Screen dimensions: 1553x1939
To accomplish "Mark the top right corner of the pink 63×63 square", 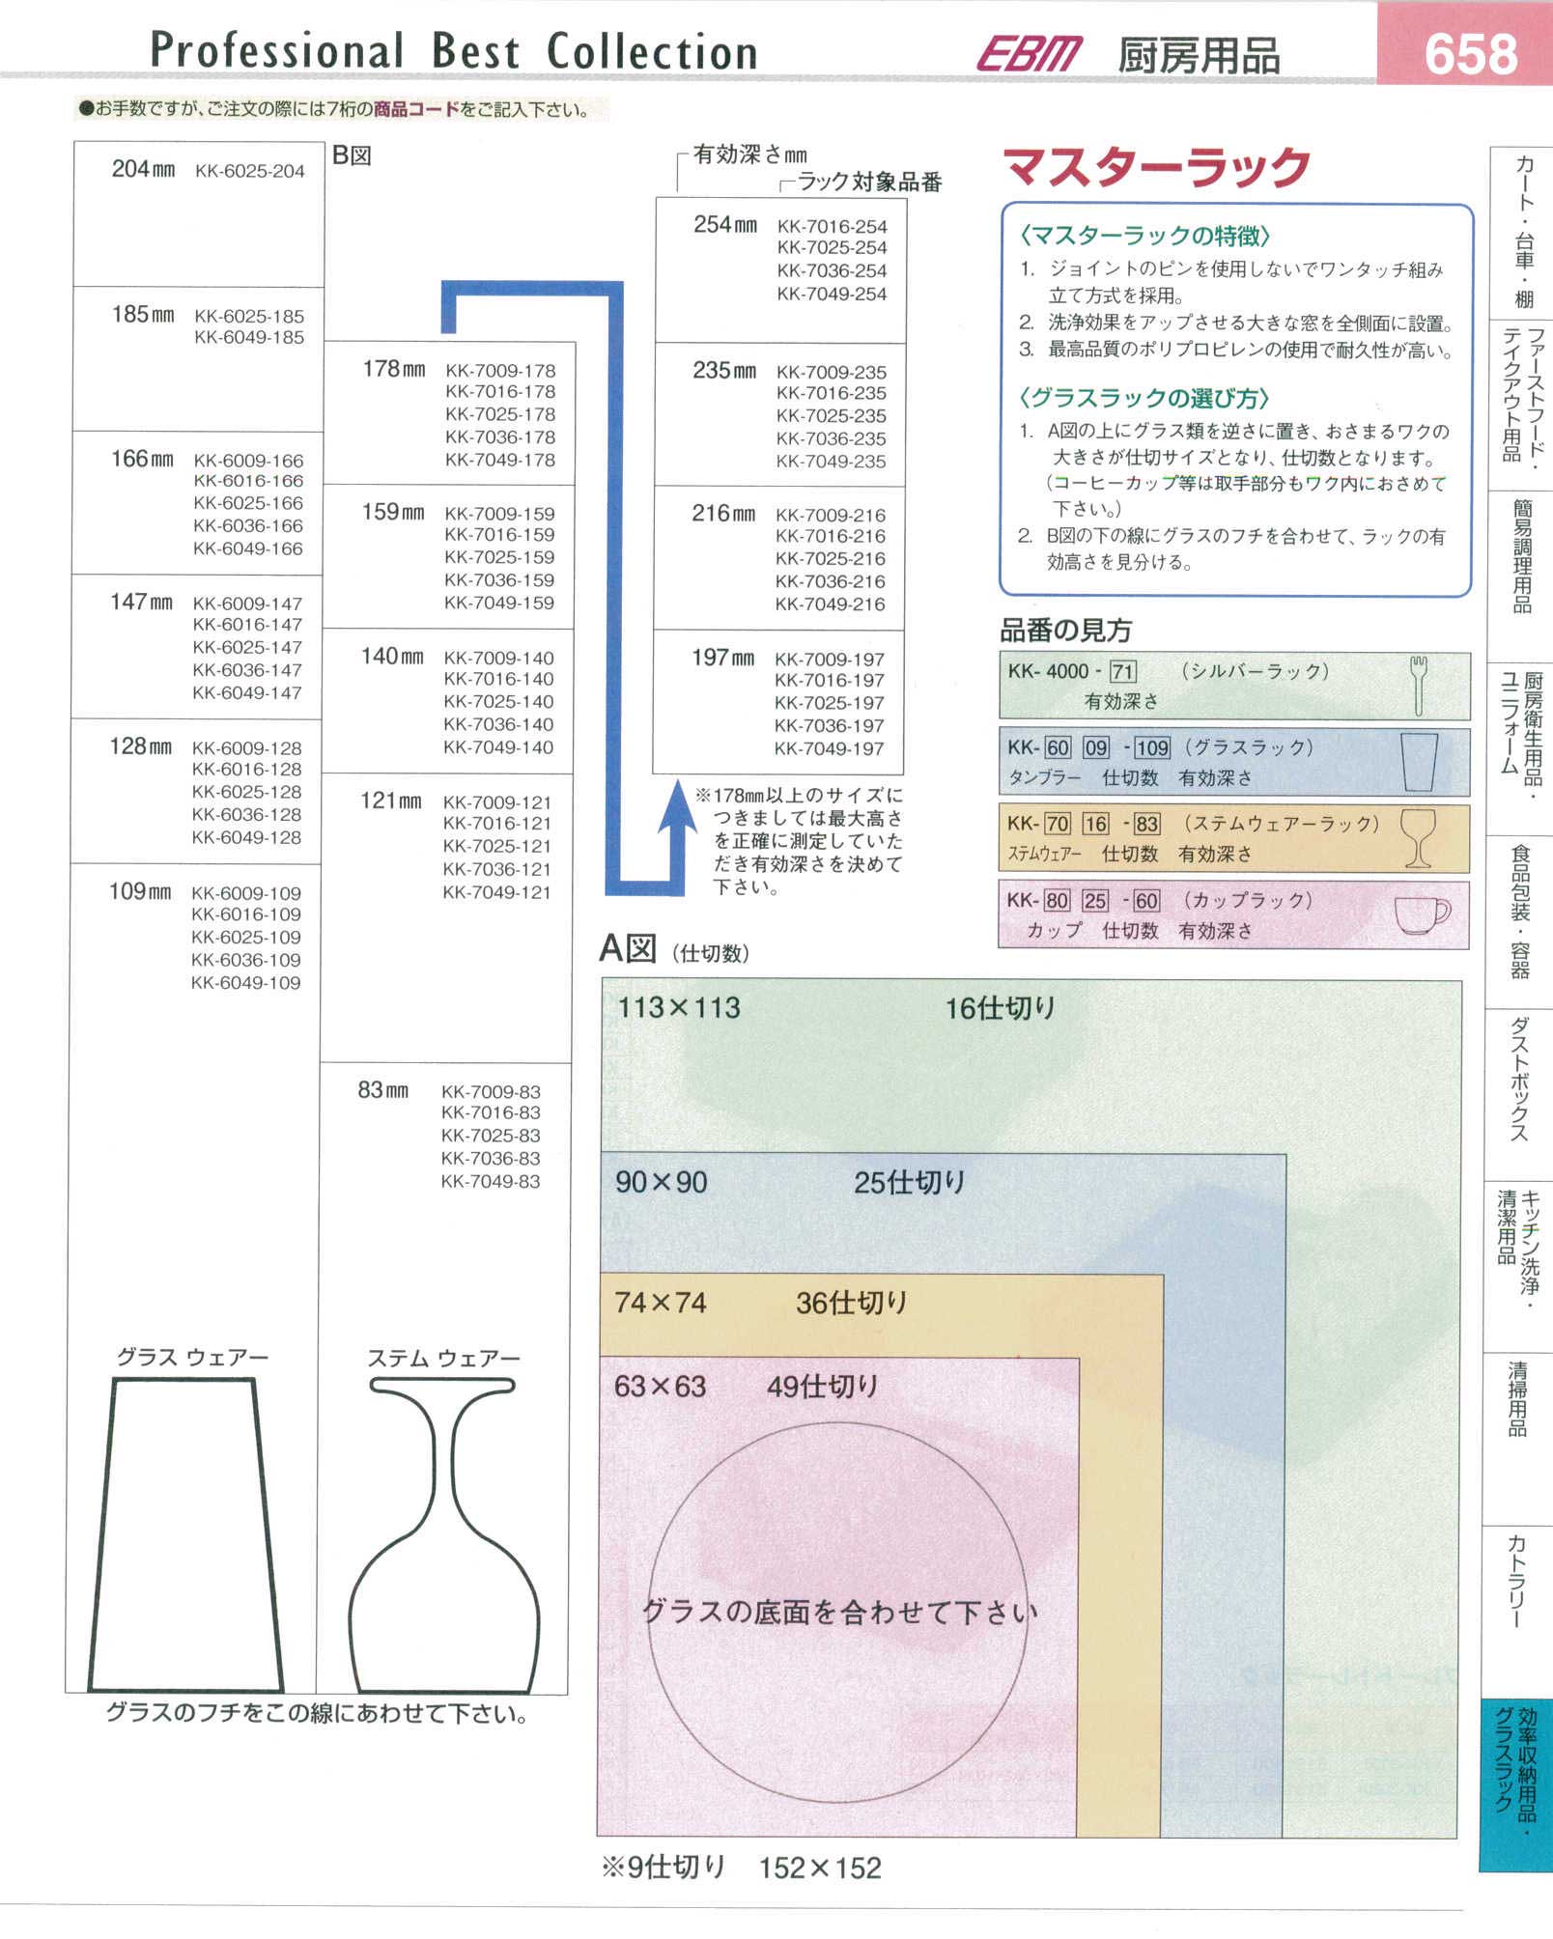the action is click(1079, 1358).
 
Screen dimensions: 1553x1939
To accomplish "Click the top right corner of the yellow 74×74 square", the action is click(1163, 1276).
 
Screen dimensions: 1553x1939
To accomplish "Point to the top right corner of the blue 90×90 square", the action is click(1285, 1154).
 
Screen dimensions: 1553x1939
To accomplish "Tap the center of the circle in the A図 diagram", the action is click(838, 1613).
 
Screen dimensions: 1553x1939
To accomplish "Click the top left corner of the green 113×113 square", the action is click(603, 979).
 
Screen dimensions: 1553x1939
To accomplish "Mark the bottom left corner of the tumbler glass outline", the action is click(90, 1690).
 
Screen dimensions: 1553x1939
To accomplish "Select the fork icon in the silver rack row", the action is click(1418, 686).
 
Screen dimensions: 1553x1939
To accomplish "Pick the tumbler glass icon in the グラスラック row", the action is click(1419, 761).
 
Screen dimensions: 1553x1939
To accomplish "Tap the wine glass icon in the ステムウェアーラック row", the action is click(1418, 837).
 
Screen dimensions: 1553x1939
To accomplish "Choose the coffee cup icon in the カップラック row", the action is click(1422, 914).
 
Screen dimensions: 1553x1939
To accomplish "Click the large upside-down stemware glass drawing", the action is click(444, 1535).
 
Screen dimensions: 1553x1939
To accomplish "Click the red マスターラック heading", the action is click(1157, 167).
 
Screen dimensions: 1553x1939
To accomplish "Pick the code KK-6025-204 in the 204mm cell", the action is click(249, 171).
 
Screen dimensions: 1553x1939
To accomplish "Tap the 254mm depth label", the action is click(725, 224).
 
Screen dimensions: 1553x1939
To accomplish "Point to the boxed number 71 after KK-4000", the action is click(1122, 671).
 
